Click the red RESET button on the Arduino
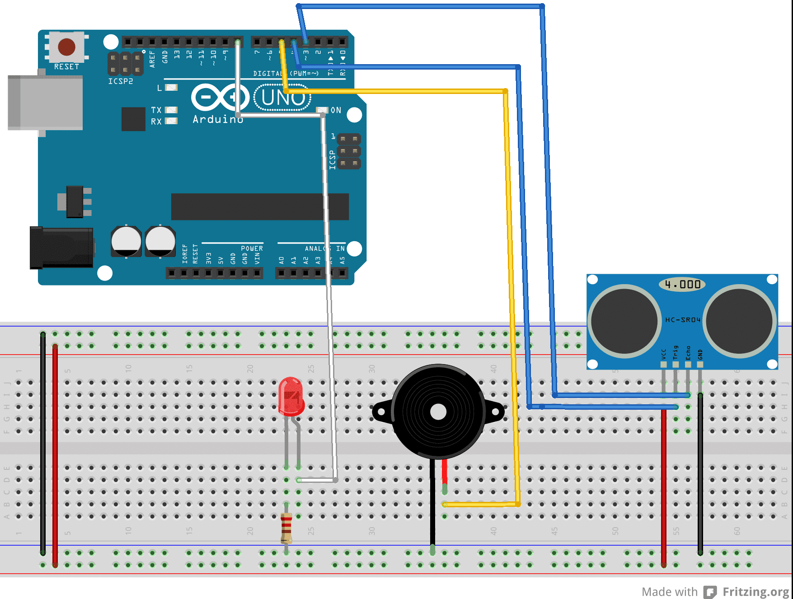point(66,47)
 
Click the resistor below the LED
point(286,528)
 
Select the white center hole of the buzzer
point(438,412)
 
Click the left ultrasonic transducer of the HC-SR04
point(624,321)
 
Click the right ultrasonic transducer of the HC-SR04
point(739,321)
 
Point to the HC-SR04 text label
point(682,320)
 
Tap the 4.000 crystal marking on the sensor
point(682,285)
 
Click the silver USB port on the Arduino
point(45,103)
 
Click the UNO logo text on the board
point(283,98)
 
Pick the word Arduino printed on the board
point(218,119)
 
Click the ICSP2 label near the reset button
point(121,81)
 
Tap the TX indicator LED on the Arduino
point(171,110)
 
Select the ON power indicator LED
point(322,110)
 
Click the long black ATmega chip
point(260,206)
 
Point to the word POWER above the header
point(252,248)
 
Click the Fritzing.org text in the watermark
point(755,591)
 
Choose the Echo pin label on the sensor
point(688,352)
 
